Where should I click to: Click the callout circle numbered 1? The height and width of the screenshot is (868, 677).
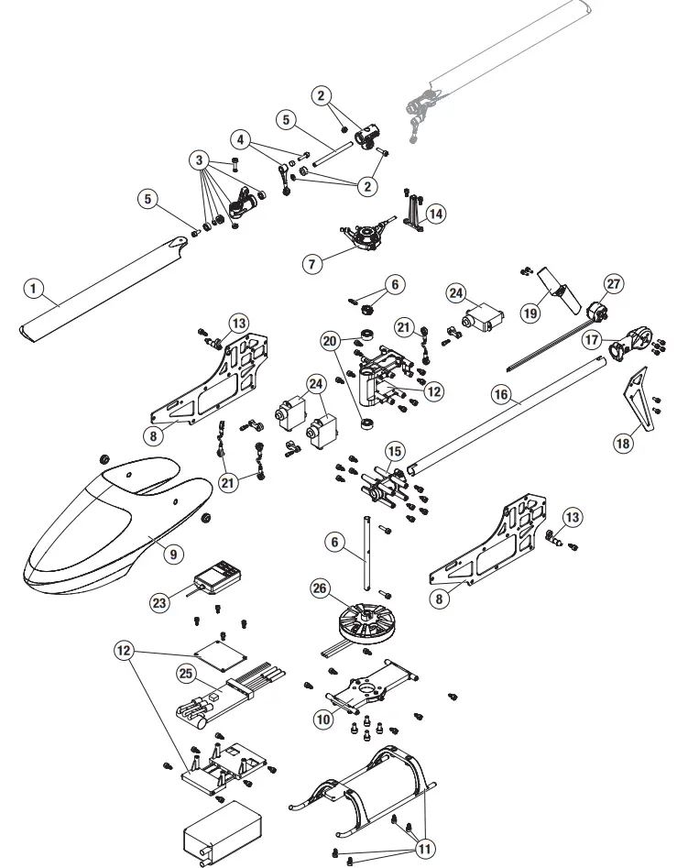33,289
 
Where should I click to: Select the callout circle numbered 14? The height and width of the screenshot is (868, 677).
436,213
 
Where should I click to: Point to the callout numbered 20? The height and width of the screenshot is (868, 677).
330,340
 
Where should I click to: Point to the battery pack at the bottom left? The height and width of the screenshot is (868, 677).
221,831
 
